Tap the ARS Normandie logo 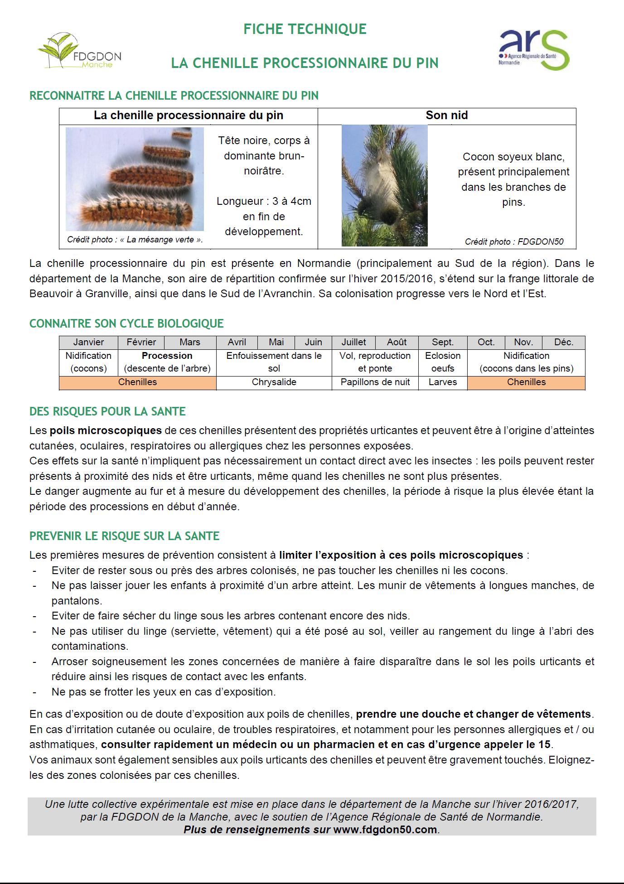coord(533,49)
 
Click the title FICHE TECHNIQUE coord(305,29)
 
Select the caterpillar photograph coord(135,179)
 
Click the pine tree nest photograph coord(384,186)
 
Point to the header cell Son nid coord(446,116)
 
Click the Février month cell coord(141,342)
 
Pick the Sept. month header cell coord(443,342)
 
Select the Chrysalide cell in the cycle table coord(274,382)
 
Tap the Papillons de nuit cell coord(375,382)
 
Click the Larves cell coord(443,382)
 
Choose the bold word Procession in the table coord(167,356)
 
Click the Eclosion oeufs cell coord(443,362)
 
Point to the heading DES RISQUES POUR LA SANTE coord(107,411)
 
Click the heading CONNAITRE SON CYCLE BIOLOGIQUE coord(126,324)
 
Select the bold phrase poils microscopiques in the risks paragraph coord(106,430)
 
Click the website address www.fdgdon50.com coord(385,830)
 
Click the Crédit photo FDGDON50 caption coord(514,242)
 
